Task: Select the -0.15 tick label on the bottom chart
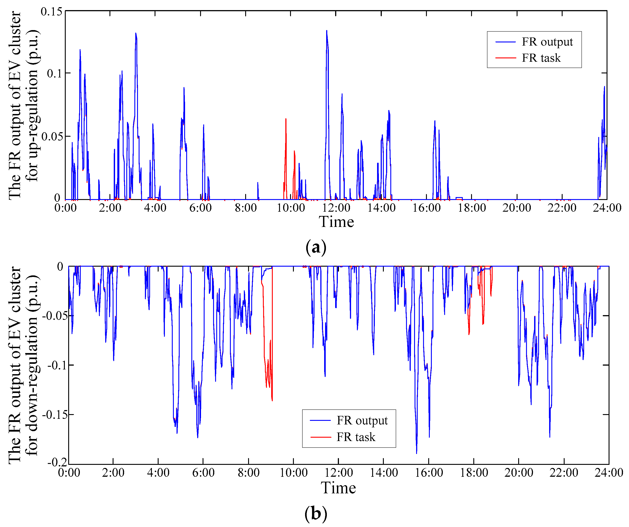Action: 55,415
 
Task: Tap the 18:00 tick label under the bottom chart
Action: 474,473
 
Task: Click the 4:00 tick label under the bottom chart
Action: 158,473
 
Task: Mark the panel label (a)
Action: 316,248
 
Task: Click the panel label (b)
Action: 316,514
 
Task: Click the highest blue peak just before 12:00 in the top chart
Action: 326,31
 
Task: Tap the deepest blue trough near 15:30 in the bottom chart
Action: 416,453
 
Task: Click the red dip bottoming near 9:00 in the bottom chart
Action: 272,400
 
